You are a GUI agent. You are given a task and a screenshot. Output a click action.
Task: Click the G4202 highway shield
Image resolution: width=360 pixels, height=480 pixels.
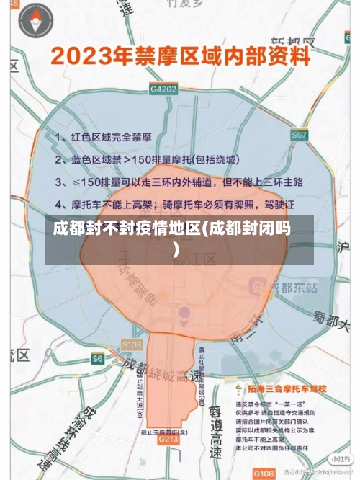[163, 89]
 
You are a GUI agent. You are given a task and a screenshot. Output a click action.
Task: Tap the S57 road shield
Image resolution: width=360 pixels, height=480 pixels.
[300, 135]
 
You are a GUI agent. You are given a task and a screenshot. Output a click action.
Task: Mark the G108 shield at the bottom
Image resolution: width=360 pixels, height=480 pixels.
[264, 473]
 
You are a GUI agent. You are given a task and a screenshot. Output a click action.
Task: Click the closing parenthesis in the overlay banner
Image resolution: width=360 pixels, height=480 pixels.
[176, 250]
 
